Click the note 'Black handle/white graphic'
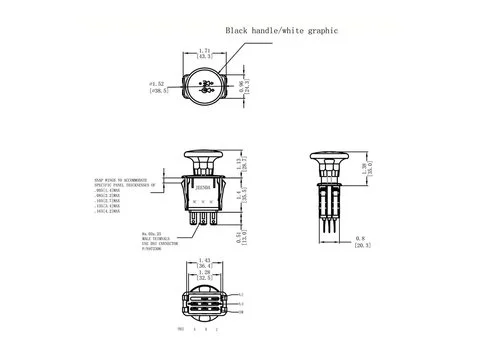281,31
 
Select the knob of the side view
327,157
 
